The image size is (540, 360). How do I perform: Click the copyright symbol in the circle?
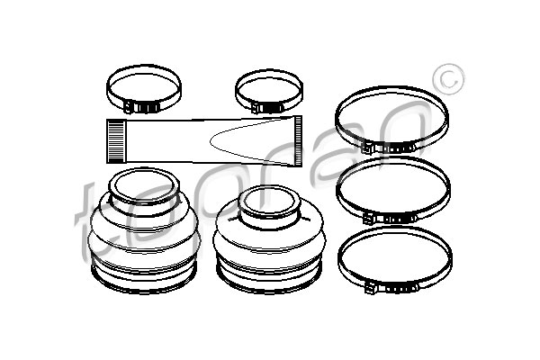449,79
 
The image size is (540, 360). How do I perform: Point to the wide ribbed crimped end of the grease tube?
115,141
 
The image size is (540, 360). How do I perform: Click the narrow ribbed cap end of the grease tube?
298,141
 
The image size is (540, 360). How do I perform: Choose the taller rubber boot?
144,230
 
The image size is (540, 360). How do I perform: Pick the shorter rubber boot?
269,239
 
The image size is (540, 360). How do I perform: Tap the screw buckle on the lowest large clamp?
391,287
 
